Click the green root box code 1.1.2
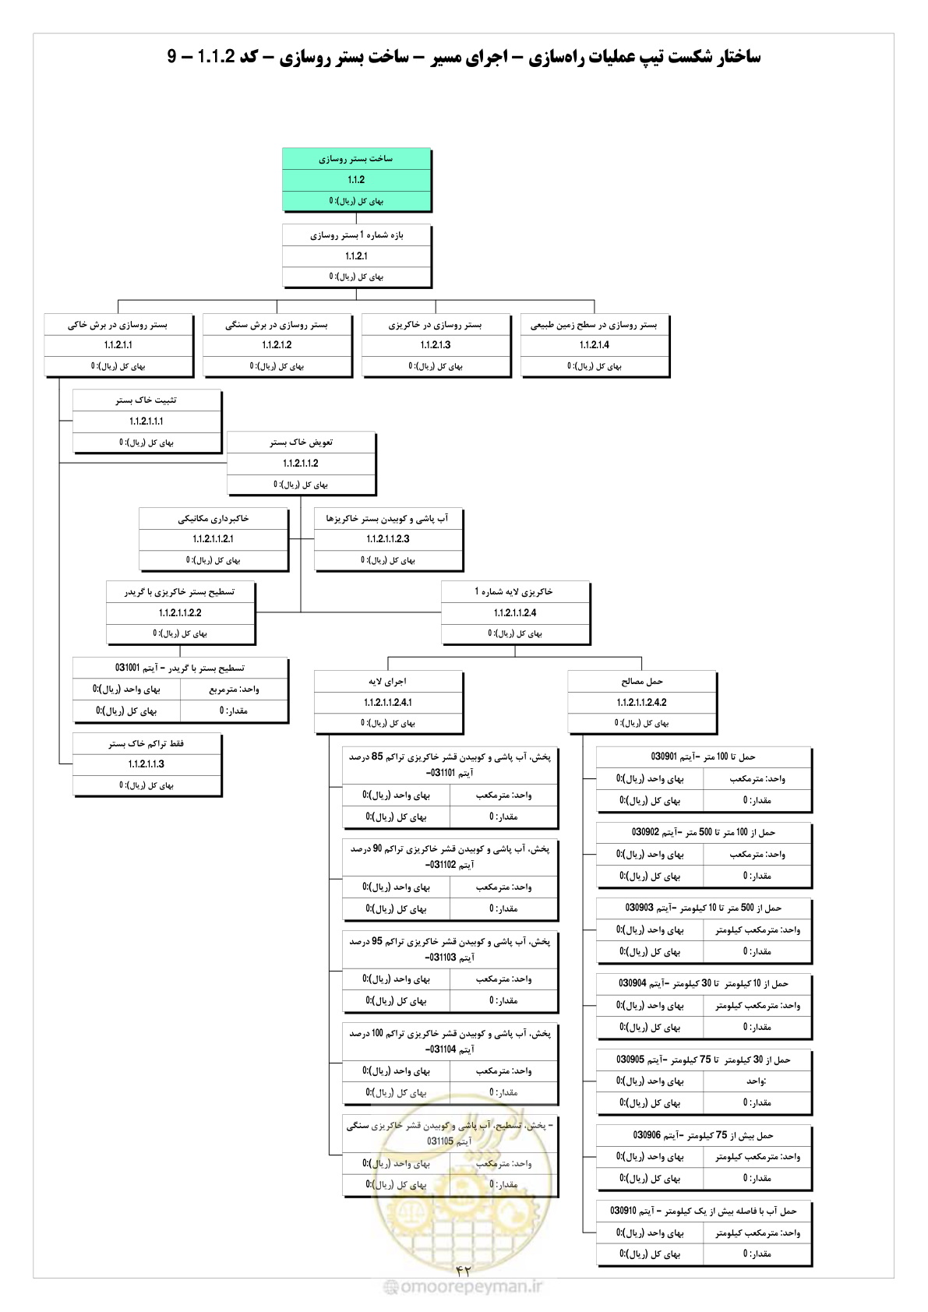point(356,180)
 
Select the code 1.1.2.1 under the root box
point(356,256)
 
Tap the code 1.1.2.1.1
point(118,345)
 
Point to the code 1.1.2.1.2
point(277,345)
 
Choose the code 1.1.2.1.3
point(436,345)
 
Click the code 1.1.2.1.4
point(595,345)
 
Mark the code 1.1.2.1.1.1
point(146,421)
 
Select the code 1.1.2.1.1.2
point(301,464)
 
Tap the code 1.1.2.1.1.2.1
point(213,539)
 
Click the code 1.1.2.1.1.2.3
point(389,539)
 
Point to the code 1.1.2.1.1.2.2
point(181,612)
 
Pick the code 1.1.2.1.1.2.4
point(515,612)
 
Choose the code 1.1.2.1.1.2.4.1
point(388,702)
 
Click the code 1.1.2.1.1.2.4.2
point(641,702)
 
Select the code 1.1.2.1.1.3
point(146,764)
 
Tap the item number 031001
point(128,668)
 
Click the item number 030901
point(664,757)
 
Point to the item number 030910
point(623,1211)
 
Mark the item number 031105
point(440,1141)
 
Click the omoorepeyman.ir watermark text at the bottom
point(464,1287)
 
